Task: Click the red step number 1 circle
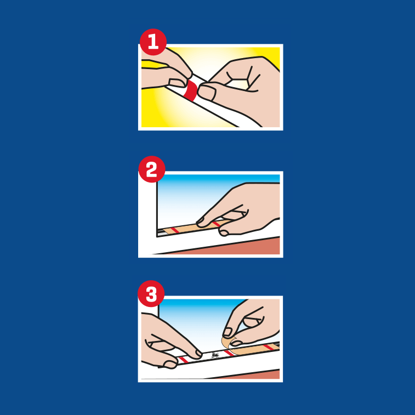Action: click(x=154, y=42)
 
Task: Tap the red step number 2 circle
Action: click(x=152, y=169)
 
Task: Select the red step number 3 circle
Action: click(x=151, y=293)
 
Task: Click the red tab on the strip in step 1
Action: click(x=192, y=91)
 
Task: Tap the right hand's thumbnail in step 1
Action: click(x=207, y=93)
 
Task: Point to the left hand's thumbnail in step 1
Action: click(x=177, y=83)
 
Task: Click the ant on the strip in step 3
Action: click(x=215, y=355)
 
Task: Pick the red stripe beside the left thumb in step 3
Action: click(x=183, y=360)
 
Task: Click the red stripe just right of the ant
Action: click(x=229, y=353)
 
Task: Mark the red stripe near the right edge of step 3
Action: click(x=268, y=346)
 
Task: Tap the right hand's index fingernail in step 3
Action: click(x=228, y=332)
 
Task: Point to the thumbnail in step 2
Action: click(x=224, y=233)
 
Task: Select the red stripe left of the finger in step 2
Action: click(x=175, y=230)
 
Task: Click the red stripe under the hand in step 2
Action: click(x=216, y=224)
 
